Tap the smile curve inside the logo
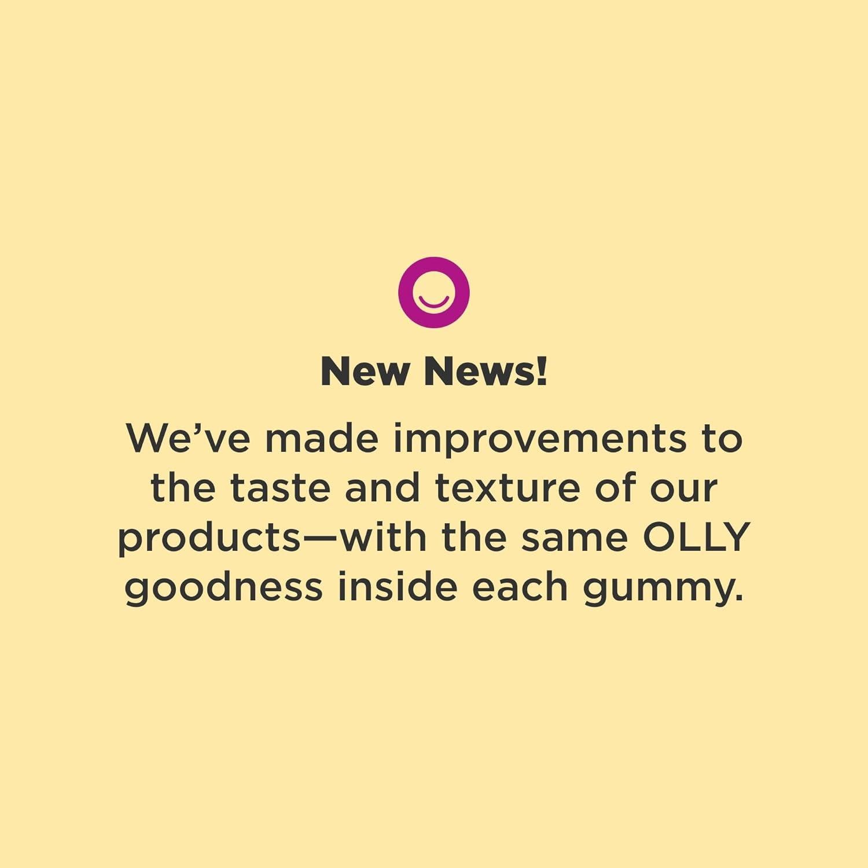tap(434, 302)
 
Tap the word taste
tap(281, 487)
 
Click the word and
tap(382, 487)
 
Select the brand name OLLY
tap(697, 537)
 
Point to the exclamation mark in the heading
tap(542, 372)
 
